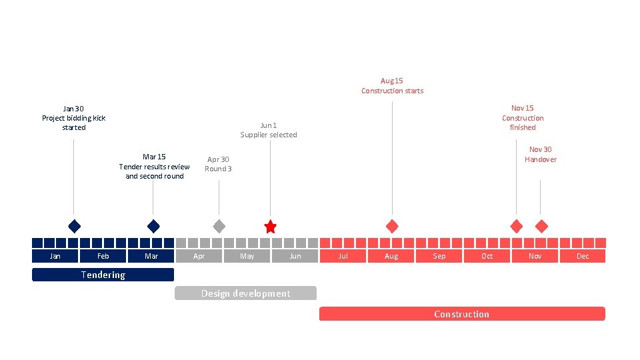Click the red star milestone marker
[x=270, y=227]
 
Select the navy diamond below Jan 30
[x=74, y=226]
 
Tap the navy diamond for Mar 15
[x=153, y=226]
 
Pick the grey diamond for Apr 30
[x=219, y=226]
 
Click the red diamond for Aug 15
[x=392, y=226]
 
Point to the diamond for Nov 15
[x=516, y=226]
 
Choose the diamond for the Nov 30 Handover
[x=541, y=226]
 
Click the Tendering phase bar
[x=103, y=275]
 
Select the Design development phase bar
[x=245, y=293]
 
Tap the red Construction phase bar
[x=461, y=314]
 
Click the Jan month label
[x=55, y=256]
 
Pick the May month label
[x=247, y=256]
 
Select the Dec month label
[x=583, y=256]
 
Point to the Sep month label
[x=439, y=256]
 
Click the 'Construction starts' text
[x=392, y=91]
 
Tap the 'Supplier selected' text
[x=269, y=135]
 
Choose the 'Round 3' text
[x=218, y=169]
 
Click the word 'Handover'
[x=540, y=159]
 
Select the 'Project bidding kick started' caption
[x=74, y=123]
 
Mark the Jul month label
[x=343, y=256]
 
